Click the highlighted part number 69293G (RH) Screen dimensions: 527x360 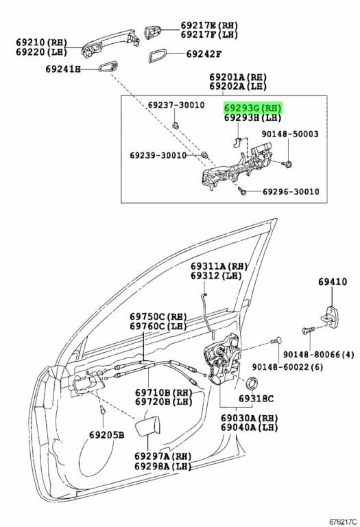(x=253, y=108)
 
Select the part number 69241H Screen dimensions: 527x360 (x=63, y=69)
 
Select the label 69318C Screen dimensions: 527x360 (x=256, y=398)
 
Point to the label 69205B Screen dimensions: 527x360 (x=106, y=434)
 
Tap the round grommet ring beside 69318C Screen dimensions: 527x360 (x=252, y=382)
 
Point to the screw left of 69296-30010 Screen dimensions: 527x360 (x=243, y=191)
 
